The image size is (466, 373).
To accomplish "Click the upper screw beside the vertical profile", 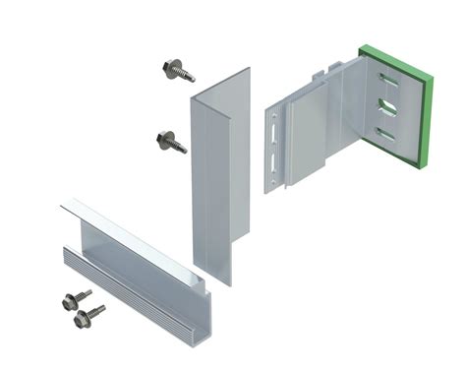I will (178, 70).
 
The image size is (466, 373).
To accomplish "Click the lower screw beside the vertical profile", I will (170, 141).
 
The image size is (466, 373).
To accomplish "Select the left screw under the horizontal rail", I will (75, 300).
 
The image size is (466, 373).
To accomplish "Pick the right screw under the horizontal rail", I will (88, 315).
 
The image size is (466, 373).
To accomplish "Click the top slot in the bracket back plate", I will (389, 80).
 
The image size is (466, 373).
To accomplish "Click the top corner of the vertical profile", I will (247, 69).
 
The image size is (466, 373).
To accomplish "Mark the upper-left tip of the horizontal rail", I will (63, 203).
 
